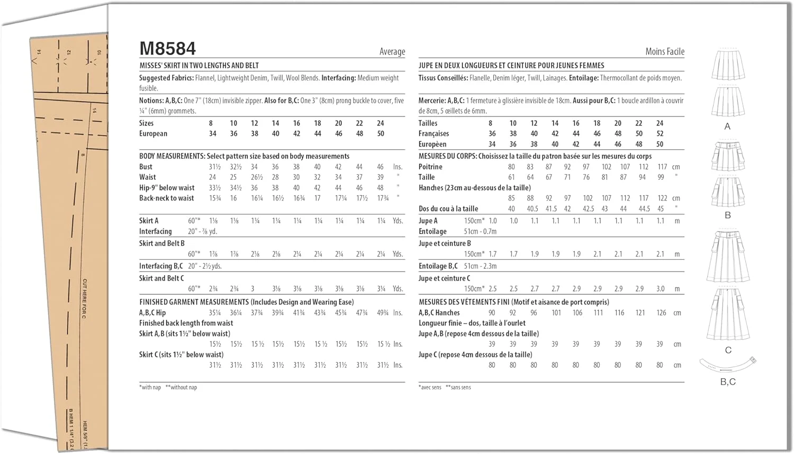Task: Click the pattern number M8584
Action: coord(167,49)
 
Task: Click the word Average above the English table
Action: coord(392,52)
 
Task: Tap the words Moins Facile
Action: coord(665,52)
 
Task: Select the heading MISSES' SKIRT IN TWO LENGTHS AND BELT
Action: coord(199,66)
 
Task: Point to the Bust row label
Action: coord(146,167)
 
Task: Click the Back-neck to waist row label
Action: coord(166,198)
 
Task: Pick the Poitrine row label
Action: coord(430,167)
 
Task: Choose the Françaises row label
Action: coord(434,134)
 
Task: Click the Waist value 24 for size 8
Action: coord(212,177)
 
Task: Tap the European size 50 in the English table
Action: coord(381,134)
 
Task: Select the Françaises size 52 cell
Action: coord(660,134)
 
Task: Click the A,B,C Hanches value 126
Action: coord(661,313)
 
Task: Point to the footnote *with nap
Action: coord(150,387)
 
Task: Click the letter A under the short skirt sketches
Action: coord(727,126)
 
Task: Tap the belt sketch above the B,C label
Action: coord(728,365)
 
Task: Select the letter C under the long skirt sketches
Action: coord(728,350)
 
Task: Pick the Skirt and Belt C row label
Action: coord(161,278)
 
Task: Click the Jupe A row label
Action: coord(428,221)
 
